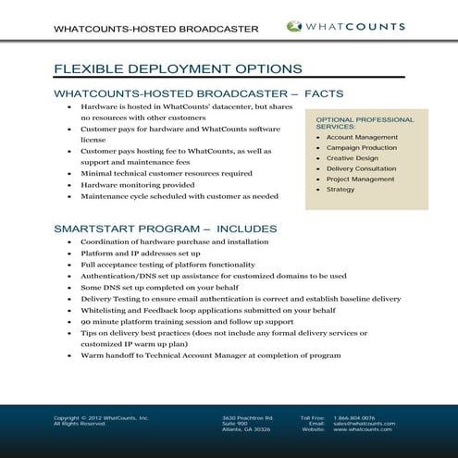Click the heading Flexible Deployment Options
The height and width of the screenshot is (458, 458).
[178, 68]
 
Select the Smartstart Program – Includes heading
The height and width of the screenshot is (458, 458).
[165, 228]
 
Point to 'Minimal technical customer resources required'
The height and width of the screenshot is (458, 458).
[166, 172]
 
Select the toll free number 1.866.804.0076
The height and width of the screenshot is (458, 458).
[354, 418]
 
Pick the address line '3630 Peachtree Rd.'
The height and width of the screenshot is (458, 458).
[248, 418]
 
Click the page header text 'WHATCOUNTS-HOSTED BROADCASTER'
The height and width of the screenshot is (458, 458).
[155, 29]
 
